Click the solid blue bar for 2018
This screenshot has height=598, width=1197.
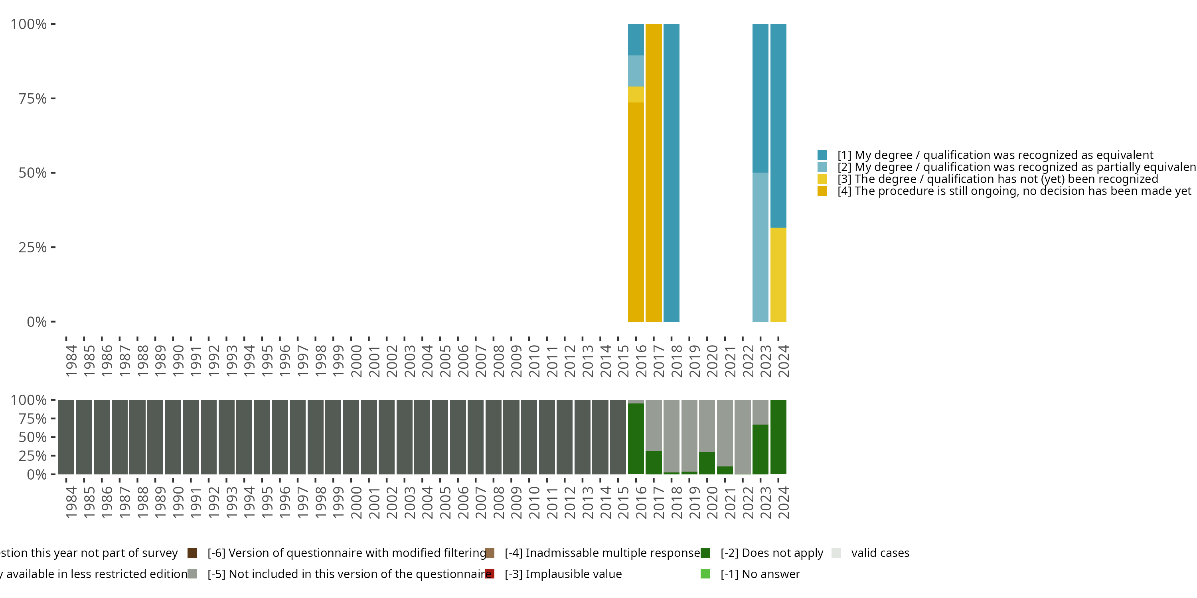[671, 172]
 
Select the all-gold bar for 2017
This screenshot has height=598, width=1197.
[653, 172]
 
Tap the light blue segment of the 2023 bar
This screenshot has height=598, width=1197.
[760, 246]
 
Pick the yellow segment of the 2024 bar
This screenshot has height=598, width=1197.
[778, 274]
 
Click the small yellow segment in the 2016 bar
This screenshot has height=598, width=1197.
[636, 94]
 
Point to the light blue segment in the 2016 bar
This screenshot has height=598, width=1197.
[636, 71]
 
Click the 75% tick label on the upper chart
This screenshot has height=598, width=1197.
[33, 98]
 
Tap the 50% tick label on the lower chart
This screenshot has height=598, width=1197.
[33, 437]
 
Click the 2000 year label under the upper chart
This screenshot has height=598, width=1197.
[356, 361]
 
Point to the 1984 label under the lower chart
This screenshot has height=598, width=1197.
[71, 502]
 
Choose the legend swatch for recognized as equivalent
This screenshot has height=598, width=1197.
[822, 155]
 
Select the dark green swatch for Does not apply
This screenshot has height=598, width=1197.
[705, 553]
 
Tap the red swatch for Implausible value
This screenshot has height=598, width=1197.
[489, 574]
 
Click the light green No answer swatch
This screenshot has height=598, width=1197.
[705, 574]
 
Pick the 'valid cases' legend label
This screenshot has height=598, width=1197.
[880, 553]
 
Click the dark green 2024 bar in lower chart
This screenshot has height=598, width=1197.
[778, 437]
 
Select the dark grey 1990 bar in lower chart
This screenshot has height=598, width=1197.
[173, 437]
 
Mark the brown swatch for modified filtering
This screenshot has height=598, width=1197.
[192, 553]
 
